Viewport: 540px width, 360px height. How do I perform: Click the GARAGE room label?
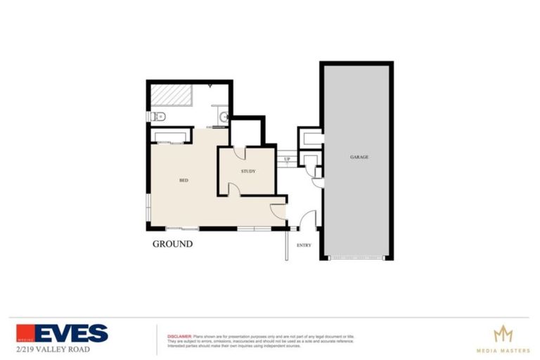tap(359, 157)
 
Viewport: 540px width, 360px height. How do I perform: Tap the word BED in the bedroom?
tap(184, 181)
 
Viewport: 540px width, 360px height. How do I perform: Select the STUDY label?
tap(247, 171)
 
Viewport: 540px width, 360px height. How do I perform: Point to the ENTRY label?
tap(304, 245)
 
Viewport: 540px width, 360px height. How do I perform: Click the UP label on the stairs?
tap(287, 159)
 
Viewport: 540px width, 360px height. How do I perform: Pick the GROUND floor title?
tap(172, 245)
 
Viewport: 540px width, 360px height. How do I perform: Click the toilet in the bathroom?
tap(157, 116)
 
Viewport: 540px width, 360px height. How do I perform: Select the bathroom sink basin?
tap(223, 117)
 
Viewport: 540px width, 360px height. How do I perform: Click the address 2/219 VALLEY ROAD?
tap(53, 349)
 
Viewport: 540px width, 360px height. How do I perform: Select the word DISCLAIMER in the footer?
tap(179, 337)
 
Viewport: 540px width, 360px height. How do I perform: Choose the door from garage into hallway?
tap(317, 182)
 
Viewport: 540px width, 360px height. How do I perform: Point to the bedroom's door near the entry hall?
tap(278, 209)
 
